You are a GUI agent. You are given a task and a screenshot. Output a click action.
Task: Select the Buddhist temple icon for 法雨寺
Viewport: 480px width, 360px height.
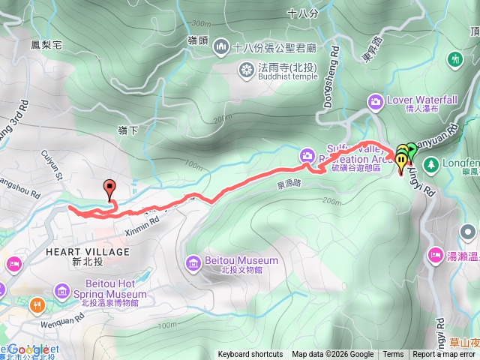(245, 70)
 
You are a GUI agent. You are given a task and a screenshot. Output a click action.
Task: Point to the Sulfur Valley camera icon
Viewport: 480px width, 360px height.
(306, 155)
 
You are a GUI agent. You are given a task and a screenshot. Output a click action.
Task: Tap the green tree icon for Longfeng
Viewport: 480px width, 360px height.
(430, 163)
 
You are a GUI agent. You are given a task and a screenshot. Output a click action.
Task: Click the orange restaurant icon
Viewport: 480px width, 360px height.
(35, 305)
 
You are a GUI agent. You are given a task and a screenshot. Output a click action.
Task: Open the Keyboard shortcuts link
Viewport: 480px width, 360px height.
(250, 355)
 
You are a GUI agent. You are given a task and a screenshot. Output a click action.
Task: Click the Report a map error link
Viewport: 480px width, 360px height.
(444, 355)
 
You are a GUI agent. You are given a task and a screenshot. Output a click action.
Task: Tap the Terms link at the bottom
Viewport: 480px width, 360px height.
(393, 355)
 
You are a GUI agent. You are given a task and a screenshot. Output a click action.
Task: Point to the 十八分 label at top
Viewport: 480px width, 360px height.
(303, 13)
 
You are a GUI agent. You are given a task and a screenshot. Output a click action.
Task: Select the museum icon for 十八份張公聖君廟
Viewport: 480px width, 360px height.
(220, 47)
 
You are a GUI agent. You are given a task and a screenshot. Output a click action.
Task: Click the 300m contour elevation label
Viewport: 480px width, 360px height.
(201, 24)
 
